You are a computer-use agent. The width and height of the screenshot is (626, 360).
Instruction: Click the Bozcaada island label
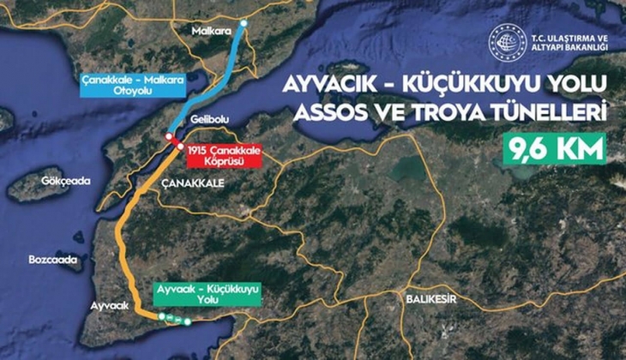[52, 259]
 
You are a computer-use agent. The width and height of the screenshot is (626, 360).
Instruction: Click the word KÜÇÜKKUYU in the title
[469, 84]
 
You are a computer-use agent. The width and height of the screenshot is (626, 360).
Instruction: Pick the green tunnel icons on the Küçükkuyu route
[177, 320]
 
